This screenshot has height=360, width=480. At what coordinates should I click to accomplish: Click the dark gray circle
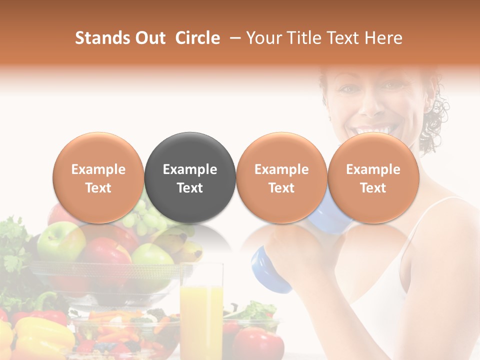[x=190, y=177]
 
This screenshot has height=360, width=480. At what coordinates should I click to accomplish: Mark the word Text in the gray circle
[x=190, y=188]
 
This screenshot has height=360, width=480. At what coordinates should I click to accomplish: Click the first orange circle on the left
[x=98, y=177]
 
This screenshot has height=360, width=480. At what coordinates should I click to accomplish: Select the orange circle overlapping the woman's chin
[x=373, y=177]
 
